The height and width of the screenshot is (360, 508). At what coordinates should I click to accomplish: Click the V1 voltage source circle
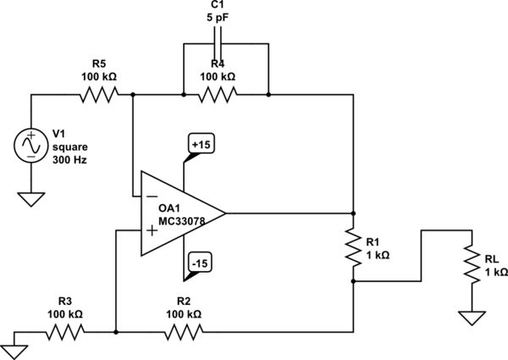(30, 146)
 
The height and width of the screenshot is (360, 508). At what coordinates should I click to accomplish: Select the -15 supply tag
(201, 264)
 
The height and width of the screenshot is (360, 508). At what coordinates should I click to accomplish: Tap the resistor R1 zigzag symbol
(353, 246)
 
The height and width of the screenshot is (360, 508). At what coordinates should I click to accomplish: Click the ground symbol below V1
(30, 200)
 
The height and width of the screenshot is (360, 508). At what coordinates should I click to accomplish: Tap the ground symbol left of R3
(13, 345)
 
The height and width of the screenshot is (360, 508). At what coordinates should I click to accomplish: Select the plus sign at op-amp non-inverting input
(152, 230)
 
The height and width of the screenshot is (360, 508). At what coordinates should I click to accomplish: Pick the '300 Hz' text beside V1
(69, 160)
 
